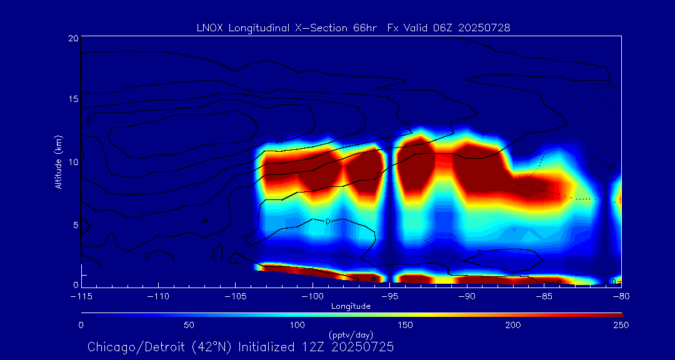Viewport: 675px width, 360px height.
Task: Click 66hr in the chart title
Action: pos(363,27)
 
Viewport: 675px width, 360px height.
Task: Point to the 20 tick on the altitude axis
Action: pos(72,38)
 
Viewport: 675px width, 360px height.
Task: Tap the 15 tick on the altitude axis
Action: pos(72,100)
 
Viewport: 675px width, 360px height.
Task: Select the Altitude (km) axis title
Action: pos(59,162)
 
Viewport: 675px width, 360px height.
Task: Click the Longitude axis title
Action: pos(351,306)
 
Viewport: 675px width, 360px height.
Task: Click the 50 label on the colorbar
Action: pos(189,325)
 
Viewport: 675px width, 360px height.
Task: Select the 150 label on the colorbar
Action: pos(405,325)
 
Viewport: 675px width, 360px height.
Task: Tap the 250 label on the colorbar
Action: pos(621,325)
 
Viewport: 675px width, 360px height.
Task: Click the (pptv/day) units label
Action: pos(351,334)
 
